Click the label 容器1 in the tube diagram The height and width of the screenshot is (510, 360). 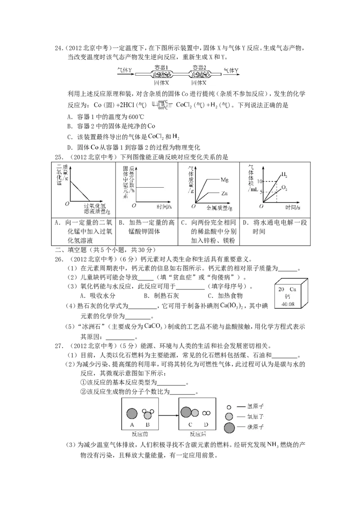[x=161, y=67]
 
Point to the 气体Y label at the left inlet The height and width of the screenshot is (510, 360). [x=125, y=70]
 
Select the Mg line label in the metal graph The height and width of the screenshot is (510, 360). [x=225, y=180]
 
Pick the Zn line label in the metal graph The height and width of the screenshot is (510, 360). [x=225, y=193]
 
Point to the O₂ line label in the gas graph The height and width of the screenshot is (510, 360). [x=284, y=187]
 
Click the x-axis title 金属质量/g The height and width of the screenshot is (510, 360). [x=219, y=208]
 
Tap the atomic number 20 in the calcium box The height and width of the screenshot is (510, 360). [x=281, y=289]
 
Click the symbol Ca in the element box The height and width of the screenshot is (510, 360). [x=293, y=289]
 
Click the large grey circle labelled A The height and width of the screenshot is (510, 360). [x=132, y=413]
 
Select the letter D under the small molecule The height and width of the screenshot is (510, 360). [x=207, y=424]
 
